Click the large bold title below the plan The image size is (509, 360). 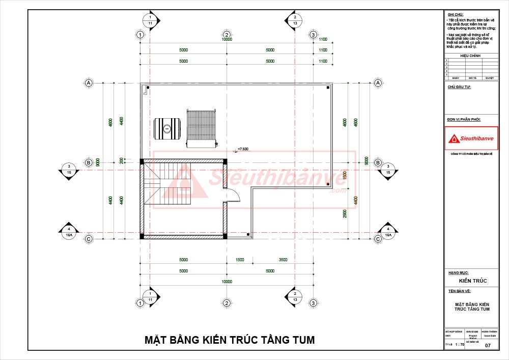pyautogui.click(x=230, y=340)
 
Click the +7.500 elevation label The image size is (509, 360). pyautogui.click(x=242, y=149)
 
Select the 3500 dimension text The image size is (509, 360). pyautogui.click(x=283, y=260)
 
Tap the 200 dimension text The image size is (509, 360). pyautogui.click(x=122, y=160)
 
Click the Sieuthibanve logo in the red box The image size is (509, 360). pyautogui.click(x=471, y=138)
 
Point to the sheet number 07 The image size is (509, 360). pyautogui.click(x=488, y=346)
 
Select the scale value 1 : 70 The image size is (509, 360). pyautogui.click(x=459, y=345)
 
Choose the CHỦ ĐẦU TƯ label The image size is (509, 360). pyautogui.click(x=459, y=88)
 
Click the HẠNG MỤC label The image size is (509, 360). pyautogui.click(x=458, y=273)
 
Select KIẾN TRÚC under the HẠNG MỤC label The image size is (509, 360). pyautogui.click(x=473, y=281)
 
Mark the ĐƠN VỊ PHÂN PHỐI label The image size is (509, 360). pyautogui.click(x=464, y=120)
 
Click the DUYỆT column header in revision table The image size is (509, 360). pyautogui.click(x=490, y=78)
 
